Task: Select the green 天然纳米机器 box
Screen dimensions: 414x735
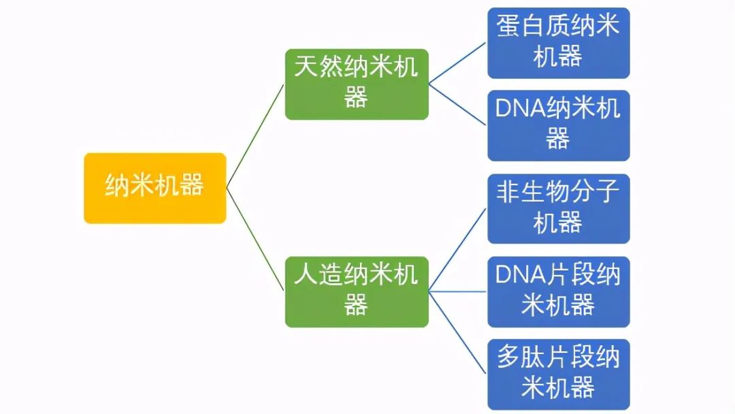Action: (356, 84)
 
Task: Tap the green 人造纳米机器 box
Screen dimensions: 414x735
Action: (356, 291)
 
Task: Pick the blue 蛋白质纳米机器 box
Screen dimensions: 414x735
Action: (558, 42)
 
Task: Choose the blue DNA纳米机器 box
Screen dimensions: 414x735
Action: (558, 125)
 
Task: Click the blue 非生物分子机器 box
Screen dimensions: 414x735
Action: (558, 208)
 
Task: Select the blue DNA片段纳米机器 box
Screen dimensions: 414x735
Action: (558, 291)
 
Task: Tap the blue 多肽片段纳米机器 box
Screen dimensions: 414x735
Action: (558, 374)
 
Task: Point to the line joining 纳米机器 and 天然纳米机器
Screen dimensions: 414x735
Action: (255, 136)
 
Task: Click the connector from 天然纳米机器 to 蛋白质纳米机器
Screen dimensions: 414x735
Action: (457, 63)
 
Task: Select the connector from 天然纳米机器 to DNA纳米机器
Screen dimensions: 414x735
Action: (457, 104)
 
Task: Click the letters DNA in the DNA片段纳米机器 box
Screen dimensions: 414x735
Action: (521, 275)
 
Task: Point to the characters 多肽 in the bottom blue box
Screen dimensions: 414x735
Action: (521, 358)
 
